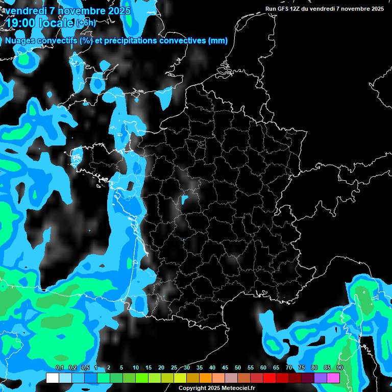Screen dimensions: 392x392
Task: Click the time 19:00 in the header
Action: coord(20,22)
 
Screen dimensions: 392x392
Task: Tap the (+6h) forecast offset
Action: coord(85,22)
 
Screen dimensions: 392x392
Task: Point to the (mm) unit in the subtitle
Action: coord(217,41)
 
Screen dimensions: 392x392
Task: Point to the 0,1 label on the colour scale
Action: coord(59,367)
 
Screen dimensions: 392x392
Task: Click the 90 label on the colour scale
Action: coord(340,367)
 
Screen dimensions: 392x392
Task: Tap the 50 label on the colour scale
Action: coord(238,367)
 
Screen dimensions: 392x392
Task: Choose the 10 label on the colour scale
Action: coord(136,367)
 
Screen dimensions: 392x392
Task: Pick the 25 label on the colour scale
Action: coord(174,367)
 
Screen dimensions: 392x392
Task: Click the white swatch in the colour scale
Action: coord(52,378)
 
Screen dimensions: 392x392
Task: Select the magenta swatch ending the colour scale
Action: coord(333,378)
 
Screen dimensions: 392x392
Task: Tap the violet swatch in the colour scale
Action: coord(321,378)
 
